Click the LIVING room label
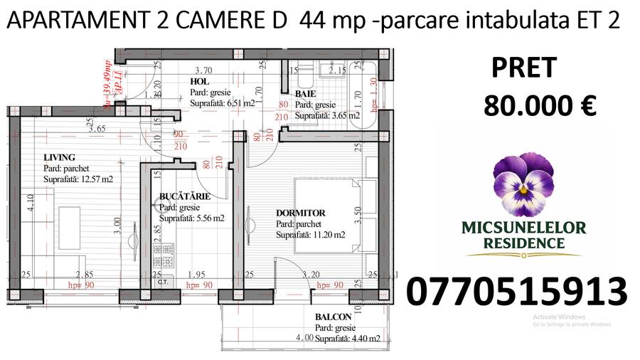[x=59, y=157]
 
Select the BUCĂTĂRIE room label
[x=184, y=196]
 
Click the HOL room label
[x=199, y=82]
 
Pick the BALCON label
[x=332, y=317]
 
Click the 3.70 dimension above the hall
[x=204, y=70]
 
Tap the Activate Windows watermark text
[x=558, y=317]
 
